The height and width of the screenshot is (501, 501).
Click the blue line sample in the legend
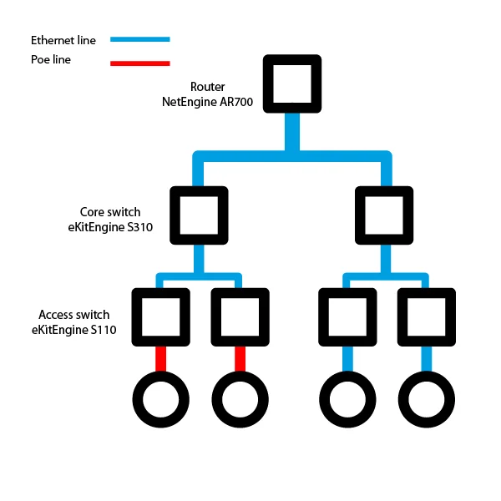[140, 39]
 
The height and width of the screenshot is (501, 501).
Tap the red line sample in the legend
[140, 63]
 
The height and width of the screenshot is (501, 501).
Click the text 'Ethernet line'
[63, 40]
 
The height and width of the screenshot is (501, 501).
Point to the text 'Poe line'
[51, 59]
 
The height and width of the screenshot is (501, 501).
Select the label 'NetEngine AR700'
[207, 102]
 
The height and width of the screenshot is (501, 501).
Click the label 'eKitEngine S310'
[110, 227]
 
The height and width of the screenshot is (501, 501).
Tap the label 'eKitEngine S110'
[73, 330]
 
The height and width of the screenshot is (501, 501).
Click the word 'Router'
[207, 87]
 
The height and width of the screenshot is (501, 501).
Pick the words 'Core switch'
[110, 212]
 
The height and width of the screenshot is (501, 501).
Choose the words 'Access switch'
[74, 315]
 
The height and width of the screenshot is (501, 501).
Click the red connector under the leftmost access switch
[160, 359]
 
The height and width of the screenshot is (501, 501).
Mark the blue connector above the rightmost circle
[427, 359]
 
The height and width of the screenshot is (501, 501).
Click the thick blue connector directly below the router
[292, 132]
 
